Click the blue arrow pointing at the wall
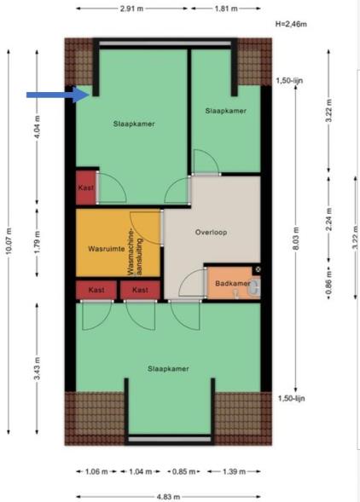point(58,95)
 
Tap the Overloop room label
point(212,232)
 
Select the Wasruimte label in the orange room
point(107,249)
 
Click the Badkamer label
point(233,283)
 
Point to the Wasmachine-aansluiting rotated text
point(134,251)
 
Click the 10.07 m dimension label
point(9,241)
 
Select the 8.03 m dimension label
point(296,239)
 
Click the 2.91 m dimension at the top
point(131,9)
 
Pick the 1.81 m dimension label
point(226,9)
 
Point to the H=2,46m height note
point(291,24)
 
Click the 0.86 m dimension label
point(328,283)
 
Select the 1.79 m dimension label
point(38,242)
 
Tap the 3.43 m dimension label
point(38,368)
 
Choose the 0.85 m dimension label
point(183,471)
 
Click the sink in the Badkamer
point(255,286)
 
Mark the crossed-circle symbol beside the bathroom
point(258,269)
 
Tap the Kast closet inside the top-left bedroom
point(85,188)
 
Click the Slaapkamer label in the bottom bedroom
point(168,369)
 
